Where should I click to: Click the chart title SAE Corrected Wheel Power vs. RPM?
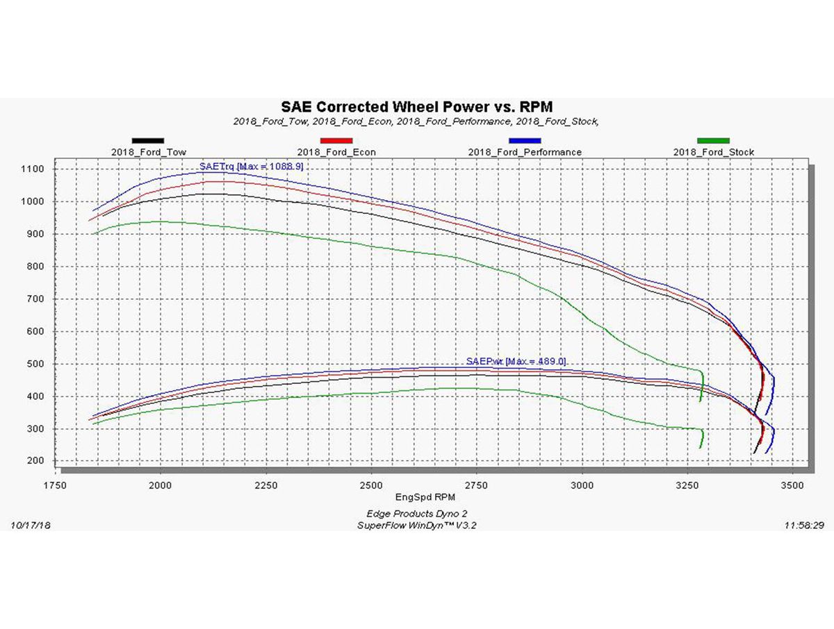pos(417,107)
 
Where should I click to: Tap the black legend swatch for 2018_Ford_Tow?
pos(148,141)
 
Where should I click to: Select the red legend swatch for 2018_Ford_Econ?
pos(336,141)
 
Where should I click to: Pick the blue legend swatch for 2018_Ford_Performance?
pos(525,141)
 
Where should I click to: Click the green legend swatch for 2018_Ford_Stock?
pos(713,141)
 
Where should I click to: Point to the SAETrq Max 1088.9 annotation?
pos(251,167)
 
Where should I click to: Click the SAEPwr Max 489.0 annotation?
pos(516,362)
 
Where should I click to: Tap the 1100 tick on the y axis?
pos(32,169)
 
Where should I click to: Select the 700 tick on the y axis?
pos(34,299)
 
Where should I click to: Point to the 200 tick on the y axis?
pos(34,462)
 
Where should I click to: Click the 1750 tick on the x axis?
pos(56,485)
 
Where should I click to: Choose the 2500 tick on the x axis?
pos(371,485)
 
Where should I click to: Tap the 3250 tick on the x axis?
pos(687,485)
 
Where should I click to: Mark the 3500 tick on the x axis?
pos(792,485)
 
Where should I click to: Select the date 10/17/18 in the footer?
pos(31,526)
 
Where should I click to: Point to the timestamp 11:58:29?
pos(803,526)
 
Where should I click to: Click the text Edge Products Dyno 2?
pos(417,514)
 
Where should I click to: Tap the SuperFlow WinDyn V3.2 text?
pos(417,526)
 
